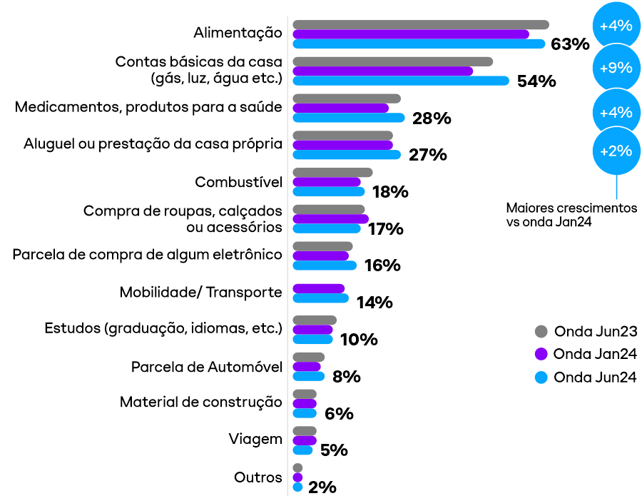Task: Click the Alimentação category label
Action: tap(238, 33)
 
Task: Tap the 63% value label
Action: tap(570, 44)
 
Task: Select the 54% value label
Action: tap(536, 81)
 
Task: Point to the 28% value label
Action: tap(432, 118)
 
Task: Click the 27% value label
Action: tap(427, 155)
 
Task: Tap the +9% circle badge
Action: tap(616, 69)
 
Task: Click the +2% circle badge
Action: tap(616, 151)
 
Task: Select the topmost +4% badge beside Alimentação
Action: tap(616, 26)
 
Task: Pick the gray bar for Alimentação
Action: tap(420, 25)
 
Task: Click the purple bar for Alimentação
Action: tap(410, 34)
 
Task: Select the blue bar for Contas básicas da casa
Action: tap(400, 80)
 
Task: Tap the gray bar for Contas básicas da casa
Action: tap(392, 61)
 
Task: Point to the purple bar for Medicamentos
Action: tap(340, 108)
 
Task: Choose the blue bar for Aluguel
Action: tap(346, 154)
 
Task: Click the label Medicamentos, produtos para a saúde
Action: tap(148, 107)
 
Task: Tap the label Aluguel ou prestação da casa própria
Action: tap(153, 143)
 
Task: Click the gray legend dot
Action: tap(541, 331)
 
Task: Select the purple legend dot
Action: tap(541, 354)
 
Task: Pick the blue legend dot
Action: tap(541, 378)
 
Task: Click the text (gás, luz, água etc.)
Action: tap(216, 78)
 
